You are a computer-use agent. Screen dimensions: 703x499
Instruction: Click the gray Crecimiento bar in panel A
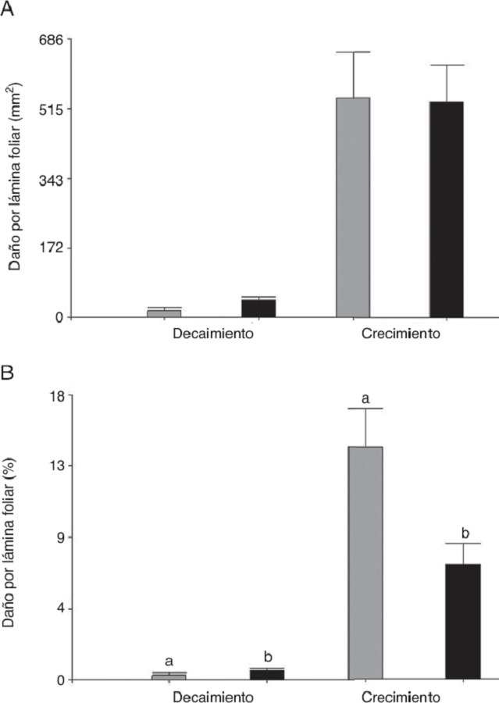[x=353, y=207]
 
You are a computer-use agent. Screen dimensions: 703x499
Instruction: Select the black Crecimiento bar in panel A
[x=447, y=209]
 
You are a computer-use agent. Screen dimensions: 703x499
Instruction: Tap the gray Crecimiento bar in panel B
[x=365, y=562]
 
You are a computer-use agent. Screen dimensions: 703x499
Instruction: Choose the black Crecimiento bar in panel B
[x=463, y=621]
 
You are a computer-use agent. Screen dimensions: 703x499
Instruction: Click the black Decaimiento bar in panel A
[x=258, y=308]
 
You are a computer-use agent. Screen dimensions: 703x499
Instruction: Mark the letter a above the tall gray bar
[x=365, y=399]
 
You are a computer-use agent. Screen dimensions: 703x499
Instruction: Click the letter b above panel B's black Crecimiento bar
[x=465, y=534]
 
